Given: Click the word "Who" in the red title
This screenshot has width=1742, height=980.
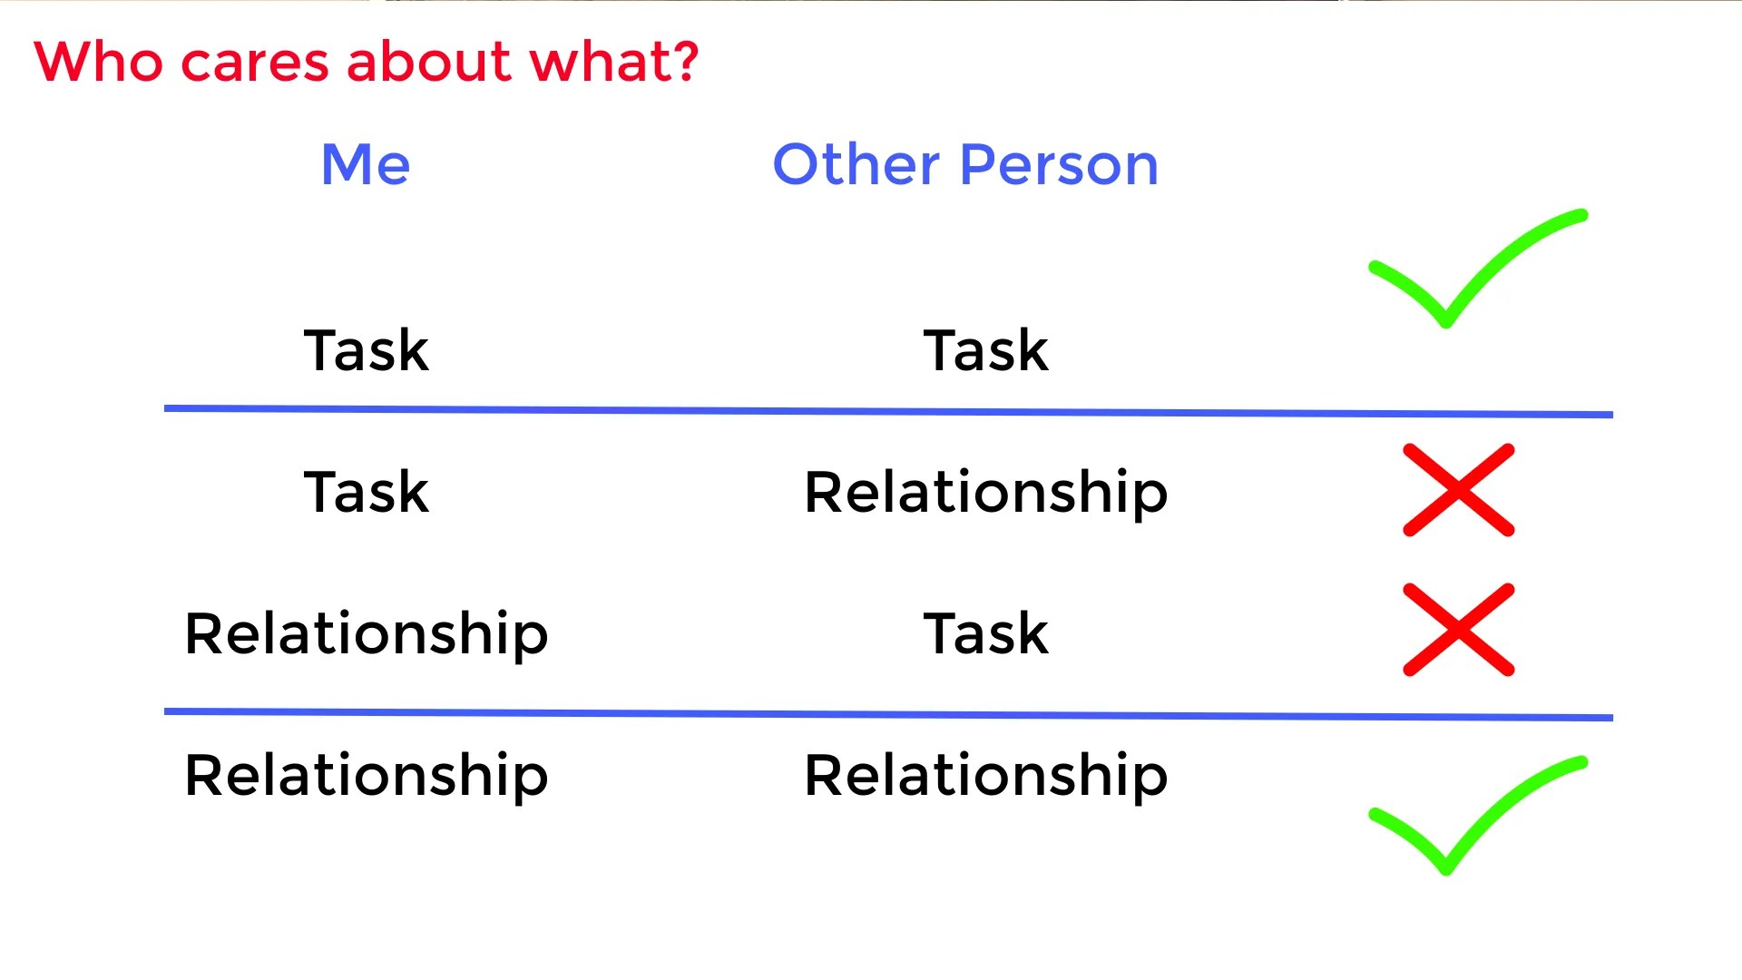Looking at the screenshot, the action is (99, 62).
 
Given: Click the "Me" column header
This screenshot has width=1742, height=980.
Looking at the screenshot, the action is (366, 165).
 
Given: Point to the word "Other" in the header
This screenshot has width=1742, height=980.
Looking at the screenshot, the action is (856, 165).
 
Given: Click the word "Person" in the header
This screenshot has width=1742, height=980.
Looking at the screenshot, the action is (1059, 165).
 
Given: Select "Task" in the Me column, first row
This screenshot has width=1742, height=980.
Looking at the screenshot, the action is (367, 350).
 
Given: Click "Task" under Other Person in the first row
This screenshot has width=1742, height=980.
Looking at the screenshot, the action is (986, 350).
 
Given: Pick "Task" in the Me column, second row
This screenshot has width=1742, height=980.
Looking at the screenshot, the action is (367, 492).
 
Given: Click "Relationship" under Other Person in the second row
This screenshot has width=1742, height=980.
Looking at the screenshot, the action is (986, 495).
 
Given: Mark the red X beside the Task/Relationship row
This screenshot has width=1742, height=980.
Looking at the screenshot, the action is (1459, 490).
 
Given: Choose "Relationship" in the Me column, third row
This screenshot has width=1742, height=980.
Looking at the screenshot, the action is (367, 636).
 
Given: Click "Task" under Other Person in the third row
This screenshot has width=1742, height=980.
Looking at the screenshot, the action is (986, 633).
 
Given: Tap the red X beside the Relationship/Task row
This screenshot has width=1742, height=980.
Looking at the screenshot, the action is (1459, 630).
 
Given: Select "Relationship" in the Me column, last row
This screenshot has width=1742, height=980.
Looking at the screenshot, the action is (367, 778).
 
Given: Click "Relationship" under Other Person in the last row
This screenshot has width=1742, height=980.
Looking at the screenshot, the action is (986, 778).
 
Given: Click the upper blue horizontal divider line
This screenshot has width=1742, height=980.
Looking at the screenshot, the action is (888, 411).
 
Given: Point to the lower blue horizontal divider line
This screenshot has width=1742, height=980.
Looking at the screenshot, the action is (888, 714).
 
